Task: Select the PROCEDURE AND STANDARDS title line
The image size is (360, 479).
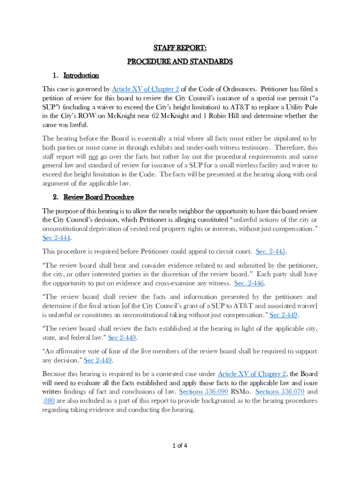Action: pyautogui.click(x=180, y=61)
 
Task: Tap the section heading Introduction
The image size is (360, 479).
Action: pyautogui.click(x=81, y=75)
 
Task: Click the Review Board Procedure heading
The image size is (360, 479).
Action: pyautogui.click(x=99, y=197)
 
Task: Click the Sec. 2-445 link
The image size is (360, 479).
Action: pyautogui.click(x=271, y=251)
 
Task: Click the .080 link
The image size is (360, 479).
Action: pyautogui.click(x=49, y=400)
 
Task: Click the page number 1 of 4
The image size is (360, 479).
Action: pyautogui.click(x=180, y=445)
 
